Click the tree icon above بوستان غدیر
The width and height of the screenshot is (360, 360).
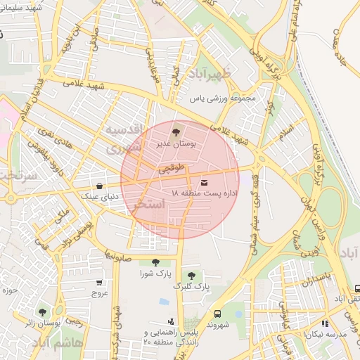coord(176,130)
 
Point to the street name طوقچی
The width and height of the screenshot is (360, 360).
coord(172,169)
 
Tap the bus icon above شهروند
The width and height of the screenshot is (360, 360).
coord(217,314)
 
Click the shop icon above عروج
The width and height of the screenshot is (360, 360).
coord(99,283)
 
